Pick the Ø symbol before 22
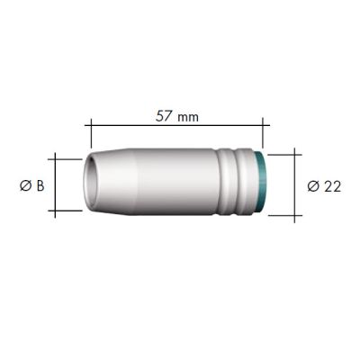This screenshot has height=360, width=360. click(x=312, y=186)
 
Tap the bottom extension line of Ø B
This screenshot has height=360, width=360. click(x=67, y=214)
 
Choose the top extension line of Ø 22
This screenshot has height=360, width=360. click(x=281, y=151)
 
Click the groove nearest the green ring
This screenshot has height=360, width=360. click(x=247, y=184)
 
